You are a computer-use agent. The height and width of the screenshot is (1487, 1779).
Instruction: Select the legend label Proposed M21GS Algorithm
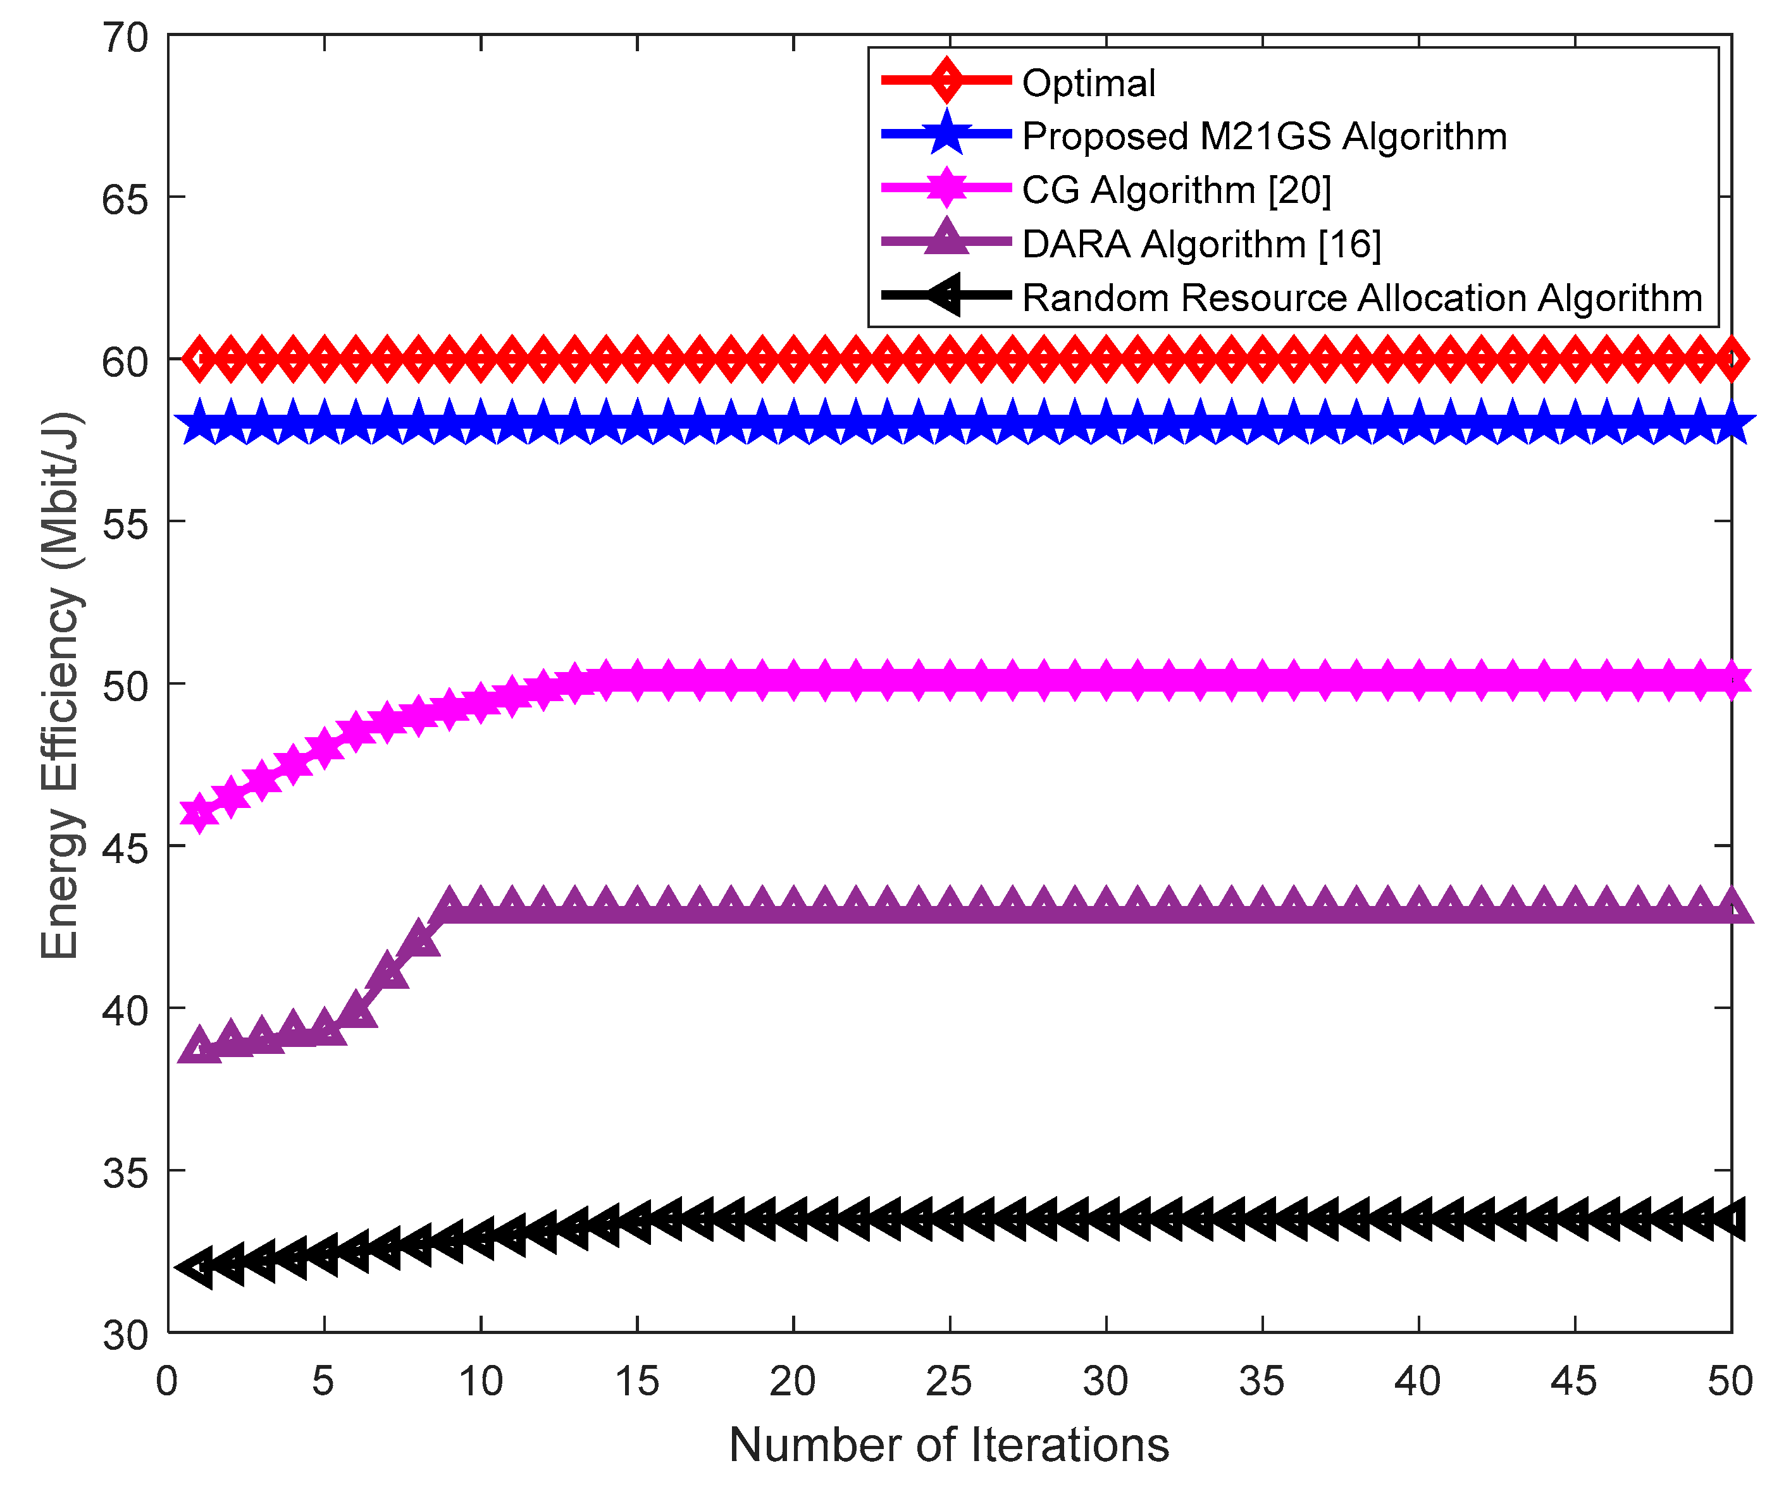pyautogui.click(x=1264, y=137)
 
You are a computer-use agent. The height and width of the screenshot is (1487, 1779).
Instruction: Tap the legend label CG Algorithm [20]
pyautogui.click(x=1176, y=190)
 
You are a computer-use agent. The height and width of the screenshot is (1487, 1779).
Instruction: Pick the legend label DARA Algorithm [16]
pyautogui.click(x=1201, y=244)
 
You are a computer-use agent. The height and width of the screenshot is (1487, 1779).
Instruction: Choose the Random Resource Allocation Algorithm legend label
pyautogui.click(x=1361, y=298)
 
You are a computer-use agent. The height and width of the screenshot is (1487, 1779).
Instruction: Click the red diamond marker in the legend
pyautogui.click(x=946, y=80)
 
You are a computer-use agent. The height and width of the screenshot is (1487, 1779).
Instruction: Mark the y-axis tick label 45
pyautogui.click(x=125, y=847)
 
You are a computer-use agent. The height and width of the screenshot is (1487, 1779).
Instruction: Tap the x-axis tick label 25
pyautogui.click(x=949, y=1382)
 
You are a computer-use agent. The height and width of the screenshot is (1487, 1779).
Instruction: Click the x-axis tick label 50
pyautogui.click(x=1729, y=1382)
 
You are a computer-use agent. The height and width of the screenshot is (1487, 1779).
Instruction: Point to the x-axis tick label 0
pyautogui.click(x=167, y=1382)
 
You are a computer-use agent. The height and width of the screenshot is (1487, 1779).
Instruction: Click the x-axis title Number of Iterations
pyautogui.click(x=949, y=1445)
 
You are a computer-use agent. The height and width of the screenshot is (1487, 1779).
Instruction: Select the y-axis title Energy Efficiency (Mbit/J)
pyautogui.click(x=61, y=686)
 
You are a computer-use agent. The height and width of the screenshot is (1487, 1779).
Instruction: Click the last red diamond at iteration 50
pyautogui.click(x=1731, y=359)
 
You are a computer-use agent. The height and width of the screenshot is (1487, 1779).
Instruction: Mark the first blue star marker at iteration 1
pyautogui.click(x=200, y=424)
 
